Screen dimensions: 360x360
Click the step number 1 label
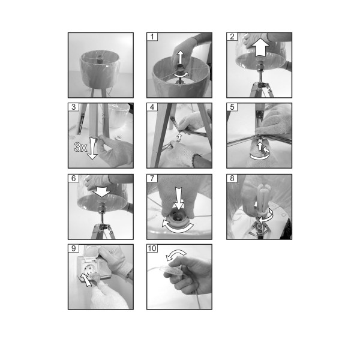152,37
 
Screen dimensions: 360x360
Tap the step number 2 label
232,37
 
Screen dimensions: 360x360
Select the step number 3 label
73,107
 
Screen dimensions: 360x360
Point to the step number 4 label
152,107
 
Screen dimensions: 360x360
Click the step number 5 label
232,107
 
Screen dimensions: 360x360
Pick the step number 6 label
73,178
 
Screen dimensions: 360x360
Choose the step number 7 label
152,178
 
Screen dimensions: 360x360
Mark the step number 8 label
232,178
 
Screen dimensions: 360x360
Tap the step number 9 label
73,248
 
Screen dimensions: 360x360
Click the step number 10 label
152,248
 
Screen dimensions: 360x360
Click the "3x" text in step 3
80,147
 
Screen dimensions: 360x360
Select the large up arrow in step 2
260,47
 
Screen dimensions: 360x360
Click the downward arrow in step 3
92,148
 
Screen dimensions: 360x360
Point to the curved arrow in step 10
176,254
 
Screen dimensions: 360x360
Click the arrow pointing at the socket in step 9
86,280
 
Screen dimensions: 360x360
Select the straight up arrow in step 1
181,58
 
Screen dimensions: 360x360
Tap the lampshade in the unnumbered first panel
100,69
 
